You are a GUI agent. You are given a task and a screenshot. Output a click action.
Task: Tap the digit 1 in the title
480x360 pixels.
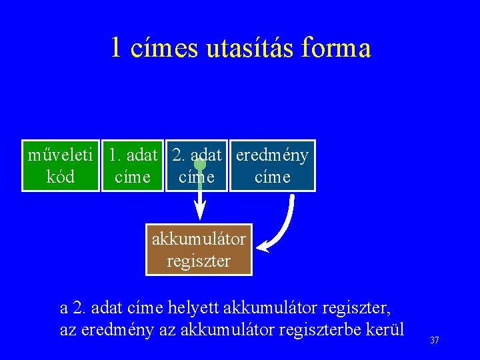click(117, 48)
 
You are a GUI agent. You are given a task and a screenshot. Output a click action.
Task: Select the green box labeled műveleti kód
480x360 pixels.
click(61, 166)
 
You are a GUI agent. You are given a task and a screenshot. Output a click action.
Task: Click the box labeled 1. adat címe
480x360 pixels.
click(133, 166)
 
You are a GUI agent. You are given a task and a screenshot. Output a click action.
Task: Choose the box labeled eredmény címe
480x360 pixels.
click(272, 166)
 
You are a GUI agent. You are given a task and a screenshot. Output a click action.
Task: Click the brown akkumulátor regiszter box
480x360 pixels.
click(199, 249)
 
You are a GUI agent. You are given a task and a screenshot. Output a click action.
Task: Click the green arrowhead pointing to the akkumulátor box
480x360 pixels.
click(199, 213)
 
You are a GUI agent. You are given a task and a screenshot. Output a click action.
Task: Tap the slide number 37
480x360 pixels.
click(435, 341)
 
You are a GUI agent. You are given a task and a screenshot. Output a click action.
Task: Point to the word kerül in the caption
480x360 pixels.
click(386, 330)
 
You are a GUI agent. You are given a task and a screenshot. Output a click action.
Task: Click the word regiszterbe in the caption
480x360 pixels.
click(325, 330)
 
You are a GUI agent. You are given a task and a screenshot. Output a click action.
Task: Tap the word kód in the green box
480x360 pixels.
click(61, 177)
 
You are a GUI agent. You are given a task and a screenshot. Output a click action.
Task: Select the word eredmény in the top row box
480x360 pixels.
click(272, 155)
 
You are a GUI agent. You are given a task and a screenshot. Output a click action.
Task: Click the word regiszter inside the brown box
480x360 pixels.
click(199, 261)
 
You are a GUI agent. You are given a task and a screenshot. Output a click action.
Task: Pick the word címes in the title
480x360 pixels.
click(165, 48)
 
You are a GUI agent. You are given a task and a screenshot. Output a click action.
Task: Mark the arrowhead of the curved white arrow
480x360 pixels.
click(263, 248)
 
